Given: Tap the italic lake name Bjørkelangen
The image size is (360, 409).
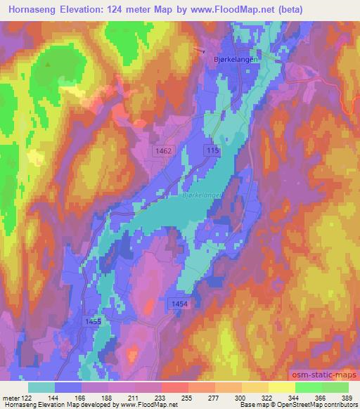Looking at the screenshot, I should (x=203, y=189).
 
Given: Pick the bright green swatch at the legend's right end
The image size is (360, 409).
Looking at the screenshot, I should (x=335, y=387).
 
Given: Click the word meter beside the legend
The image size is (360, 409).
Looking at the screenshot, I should (x=9, y=398).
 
